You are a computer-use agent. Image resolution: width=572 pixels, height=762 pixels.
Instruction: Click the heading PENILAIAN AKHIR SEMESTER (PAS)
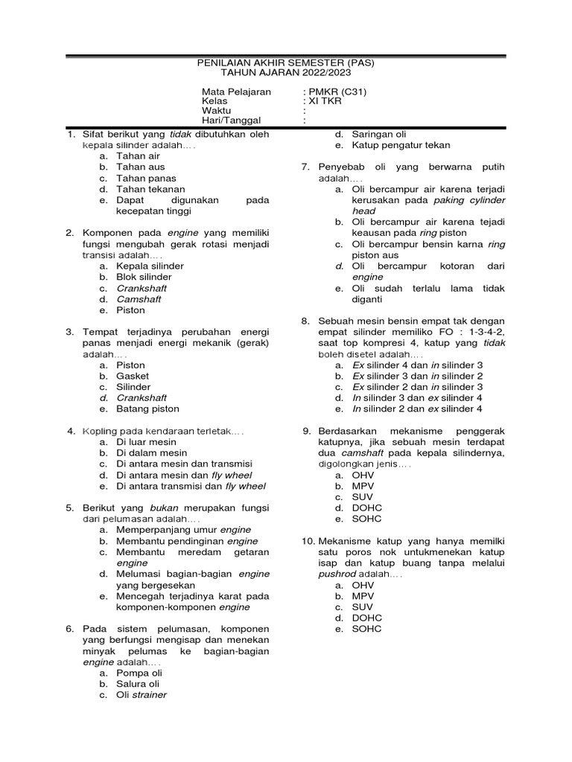tap(286, 63)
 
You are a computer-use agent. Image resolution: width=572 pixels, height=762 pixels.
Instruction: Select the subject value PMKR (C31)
tap(337, 92)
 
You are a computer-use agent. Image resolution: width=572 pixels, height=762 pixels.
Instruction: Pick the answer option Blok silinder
tap(144, 277)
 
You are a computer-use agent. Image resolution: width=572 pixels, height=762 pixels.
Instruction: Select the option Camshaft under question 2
tap(139, 299)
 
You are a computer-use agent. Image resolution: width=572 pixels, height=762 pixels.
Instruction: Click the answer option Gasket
tap(133, 377)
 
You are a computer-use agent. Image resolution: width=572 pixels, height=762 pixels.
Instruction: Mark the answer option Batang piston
tap(147, 409)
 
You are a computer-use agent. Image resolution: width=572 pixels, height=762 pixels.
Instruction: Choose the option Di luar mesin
tap(147, 442)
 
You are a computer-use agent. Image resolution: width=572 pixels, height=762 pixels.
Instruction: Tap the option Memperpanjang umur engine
tap(184, 530)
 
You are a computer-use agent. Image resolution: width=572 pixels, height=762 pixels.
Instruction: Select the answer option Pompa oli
tap(139, 673)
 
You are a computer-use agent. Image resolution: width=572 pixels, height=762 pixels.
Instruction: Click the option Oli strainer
tap(142, 695)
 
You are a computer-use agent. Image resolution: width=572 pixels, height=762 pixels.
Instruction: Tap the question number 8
tap(305, 321)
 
